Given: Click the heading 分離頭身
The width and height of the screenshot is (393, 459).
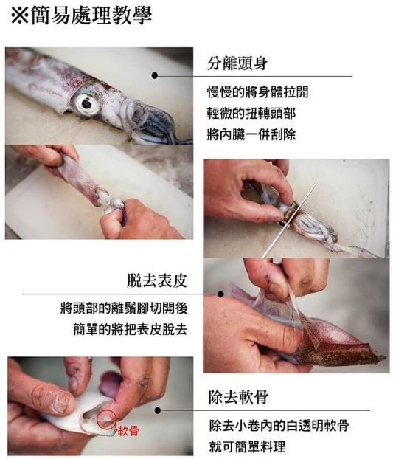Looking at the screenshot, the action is click(x=237, y=63).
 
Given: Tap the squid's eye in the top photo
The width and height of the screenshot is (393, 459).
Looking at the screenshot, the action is click(x=86, y=103).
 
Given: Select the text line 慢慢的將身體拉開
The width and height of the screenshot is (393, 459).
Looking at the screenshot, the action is click(x=258, y=92).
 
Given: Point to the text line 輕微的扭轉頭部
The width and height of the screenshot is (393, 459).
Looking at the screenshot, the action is click(x=251, y=114).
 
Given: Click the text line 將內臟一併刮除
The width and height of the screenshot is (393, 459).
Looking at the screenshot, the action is click(x=251, y=134).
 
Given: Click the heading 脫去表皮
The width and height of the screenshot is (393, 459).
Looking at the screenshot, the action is click(x=157, y=280).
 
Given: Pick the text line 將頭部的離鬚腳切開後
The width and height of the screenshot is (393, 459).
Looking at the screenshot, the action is click(x=124, y=308).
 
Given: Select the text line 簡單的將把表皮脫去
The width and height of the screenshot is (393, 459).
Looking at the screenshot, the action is click(x=131, y=329).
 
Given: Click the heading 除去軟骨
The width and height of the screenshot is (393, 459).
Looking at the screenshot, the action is click(x=239, y=397).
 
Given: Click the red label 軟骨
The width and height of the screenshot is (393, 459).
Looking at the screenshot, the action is click(x=128, y=431).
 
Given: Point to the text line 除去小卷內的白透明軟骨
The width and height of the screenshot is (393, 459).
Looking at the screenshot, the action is click(x=279, y=425).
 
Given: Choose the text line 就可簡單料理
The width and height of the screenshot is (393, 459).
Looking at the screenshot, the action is click(x=247, y=446).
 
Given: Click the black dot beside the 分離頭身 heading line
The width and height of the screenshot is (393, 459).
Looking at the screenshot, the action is click(x=155, y=75).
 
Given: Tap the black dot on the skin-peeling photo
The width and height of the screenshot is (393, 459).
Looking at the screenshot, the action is click(x=221, y=294).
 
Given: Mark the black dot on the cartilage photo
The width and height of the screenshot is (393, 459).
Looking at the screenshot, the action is click(x=158, y=410).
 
